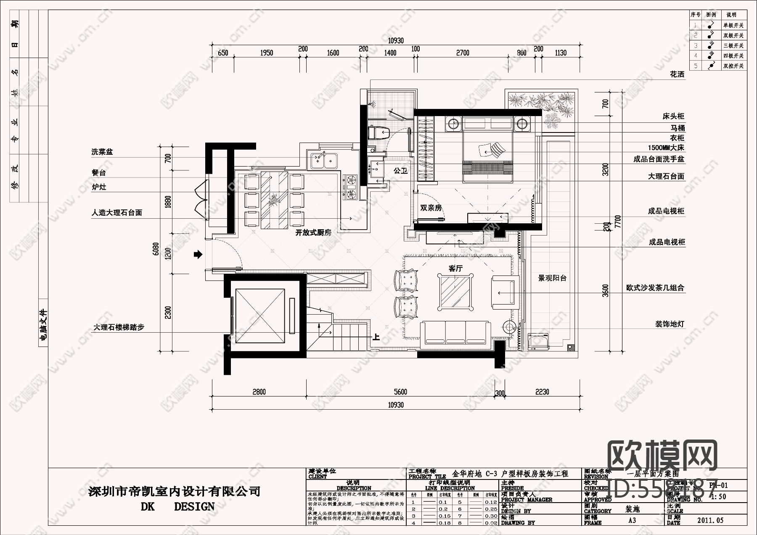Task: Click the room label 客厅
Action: [x=455, y=268]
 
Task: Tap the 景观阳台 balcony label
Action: [x=552, y=278]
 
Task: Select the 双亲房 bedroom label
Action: [x=431, y=208]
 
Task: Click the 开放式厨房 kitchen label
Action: [x=313, y=233]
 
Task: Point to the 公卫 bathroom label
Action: [x=400, y=171]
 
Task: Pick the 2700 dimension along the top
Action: [x=463, y=53]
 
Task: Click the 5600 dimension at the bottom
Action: [x=400, y=392]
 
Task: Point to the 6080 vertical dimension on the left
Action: [x=156, y=249]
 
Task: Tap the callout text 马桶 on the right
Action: [x=677, y=128]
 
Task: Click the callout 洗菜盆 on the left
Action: [x=102, y=152]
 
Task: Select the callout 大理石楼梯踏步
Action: [x=119, y=327]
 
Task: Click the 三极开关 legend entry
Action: [x=733, y=46]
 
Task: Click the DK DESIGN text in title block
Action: [x=177, y=507]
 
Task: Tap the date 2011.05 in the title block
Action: [x=710, y=520]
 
